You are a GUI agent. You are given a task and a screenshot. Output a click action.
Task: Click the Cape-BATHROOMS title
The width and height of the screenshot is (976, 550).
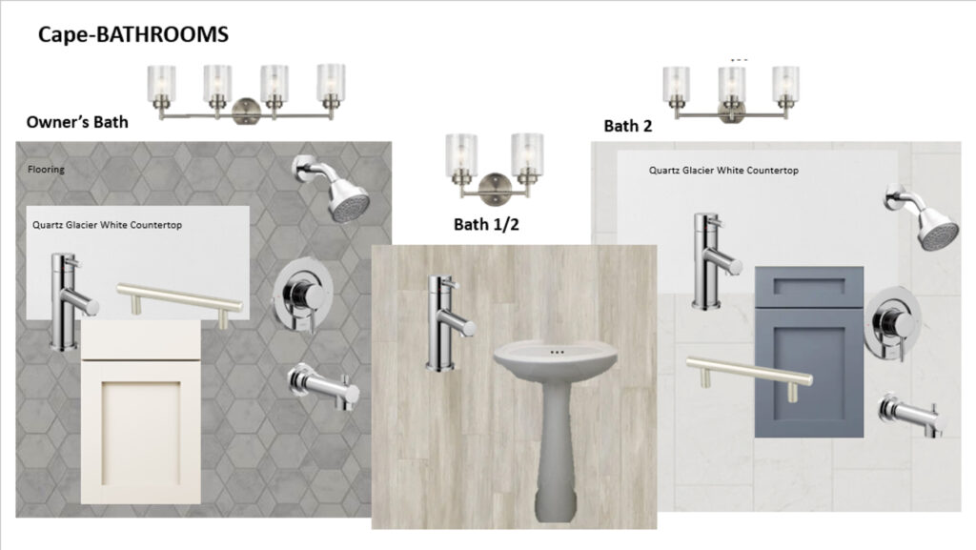133,34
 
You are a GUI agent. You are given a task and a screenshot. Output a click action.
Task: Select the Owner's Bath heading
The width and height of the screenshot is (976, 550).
77,122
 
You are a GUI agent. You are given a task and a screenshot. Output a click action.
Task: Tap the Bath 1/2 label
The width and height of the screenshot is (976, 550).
486,225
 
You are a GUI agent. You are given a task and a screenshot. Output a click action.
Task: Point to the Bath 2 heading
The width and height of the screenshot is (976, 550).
627,126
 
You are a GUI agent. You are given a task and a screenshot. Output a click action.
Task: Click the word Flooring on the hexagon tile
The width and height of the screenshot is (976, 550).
46,170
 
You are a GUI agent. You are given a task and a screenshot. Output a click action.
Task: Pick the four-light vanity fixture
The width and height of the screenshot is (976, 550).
246,93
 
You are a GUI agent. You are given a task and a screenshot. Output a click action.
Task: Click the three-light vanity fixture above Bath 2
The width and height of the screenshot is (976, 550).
731,94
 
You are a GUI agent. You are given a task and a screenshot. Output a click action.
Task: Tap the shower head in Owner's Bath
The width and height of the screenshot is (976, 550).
333,187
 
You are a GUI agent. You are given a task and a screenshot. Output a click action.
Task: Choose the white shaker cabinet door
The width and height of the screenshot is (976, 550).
141,411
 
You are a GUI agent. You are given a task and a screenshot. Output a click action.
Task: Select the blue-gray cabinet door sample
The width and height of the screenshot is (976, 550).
808,352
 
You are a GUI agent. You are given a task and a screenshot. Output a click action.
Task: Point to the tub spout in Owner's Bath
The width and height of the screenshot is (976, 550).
324,387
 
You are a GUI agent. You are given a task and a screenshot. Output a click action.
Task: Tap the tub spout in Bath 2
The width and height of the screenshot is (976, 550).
912,415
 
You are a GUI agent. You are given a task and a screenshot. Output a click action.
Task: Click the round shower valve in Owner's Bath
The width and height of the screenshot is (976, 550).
302,295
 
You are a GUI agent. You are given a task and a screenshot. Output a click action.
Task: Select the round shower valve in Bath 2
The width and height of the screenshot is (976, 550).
893,323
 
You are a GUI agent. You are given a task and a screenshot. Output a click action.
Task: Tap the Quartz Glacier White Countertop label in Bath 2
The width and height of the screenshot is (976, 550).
723,171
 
